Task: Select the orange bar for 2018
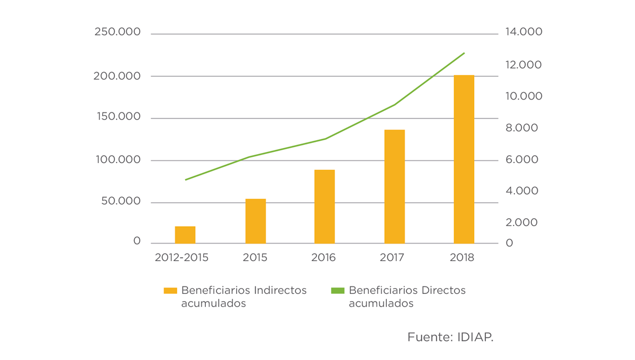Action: click(x=464, y=159)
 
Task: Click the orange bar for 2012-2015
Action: click(x=185, y=235)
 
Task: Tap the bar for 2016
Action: click(x=324, y=206)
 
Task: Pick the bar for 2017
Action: click(x=394, y=186)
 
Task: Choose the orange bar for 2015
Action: click(x=256, y=221)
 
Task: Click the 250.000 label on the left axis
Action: click(x=117, y=32)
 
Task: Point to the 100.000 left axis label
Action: click(x=117, y=160)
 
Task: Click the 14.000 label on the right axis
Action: click(x=524, y=32)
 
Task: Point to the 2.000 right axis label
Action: click(x=521, y=222)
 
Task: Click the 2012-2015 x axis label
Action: click(x=182, y=258)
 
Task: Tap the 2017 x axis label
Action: click(x=392, y=258)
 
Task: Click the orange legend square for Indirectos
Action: click(x=170, y=291)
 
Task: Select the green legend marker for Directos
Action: click(x=337, y=291)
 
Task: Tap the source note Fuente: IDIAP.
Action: click(x=450, y=337)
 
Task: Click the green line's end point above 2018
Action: click(x=464, y=53)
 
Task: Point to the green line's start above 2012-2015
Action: click(x=186, y=180)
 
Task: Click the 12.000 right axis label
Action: click(x=524, y=65)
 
